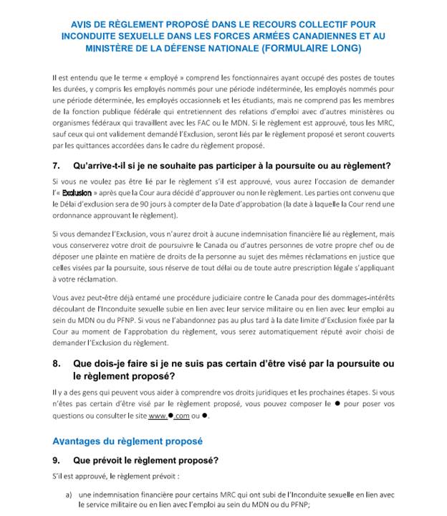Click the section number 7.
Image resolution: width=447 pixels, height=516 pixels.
pyautogui.click(x=56, y=166)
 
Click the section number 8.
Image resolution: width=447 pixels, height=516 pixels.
pyautogui.click(x=56, y=363)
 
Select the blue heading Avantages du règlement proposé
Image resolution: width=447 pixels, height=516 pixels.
pyautogui.click(x=128, y=441)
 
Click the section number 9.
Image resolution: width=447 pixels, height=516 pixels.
pyautogui.click(x=56, y=459)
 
